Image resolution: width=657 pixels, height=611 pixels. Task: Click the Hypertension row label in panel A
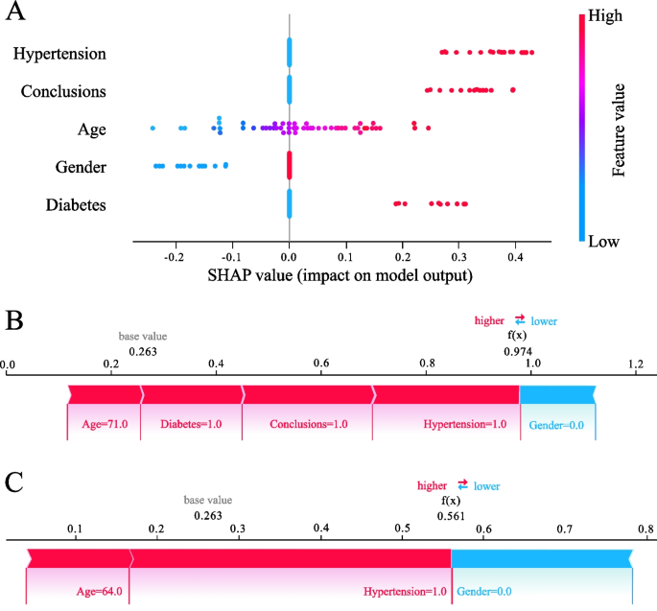tap(59, 54)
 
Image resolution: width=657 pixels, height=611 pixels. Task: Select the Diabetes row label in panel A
tap(76, 205)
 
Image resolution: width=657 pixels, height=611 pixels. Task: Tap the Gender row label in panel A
tap(81, 167)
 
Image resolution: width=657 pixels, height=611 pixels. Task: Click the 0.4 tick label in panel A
tap(515, 257)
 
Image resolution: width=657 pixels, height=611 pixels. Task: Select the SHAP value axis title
tap(340, 275)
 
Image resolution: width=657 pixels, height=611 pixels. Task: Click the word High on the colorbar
tap(605, 15)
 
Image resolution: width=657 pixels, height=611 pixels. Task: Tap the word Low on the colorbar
tap(604, 242)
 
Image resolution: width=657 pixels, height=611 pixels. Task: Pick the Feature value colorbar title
tap(619, 129)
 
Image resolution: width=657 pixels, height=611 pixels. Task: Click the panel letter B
tap(14, 321)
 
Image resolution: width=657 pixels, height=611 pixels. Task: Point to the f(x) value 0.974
tap(518, 351)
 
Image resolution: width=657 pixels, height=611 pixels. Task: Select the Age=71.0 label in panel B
tap(105, 424)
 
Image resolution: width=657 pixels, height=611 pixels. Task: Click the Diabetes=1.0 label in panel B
tap(191, 424)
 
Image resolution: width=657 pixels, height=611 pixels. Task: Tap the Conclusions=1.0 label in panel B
tap(309, 424)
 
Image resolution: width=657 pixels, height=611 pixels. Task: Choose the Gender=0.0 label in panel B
tap(556, 425)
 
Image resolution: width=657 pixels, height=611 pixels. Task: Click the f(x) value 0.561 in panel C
tap(451, 516)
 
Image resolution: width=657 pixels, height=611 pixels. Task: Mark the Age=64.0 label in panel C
tap(100, 591)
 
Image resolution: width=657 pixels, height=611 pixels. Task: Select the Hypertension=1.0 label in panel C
tap(405, 591)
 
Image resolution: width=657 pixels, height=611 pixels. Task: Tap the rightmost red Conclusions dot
tap(513, 90)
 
